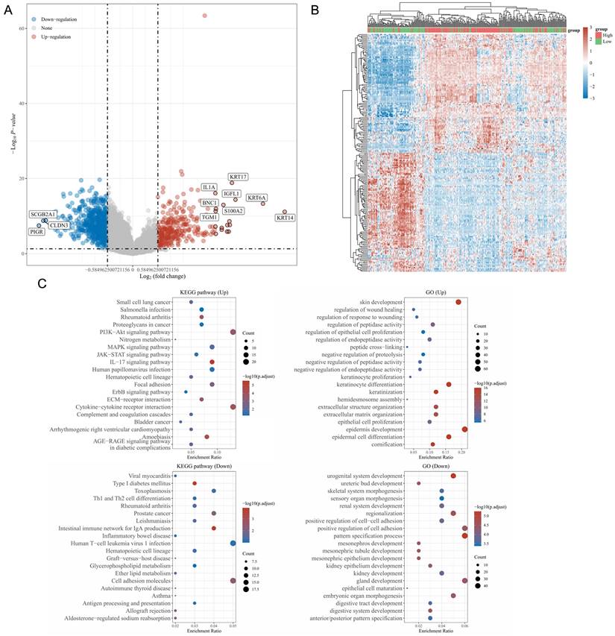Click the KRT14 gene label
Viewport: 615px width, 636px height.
[285, 218]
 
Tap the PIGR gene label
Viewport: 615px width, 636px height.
[37, 232]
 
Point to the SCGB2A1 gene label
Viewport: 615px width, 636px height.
[42, 214]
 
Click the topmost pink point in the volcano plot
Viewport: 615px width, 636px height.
[205, 16]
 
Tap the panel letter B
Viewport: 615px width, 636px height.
[315, 10]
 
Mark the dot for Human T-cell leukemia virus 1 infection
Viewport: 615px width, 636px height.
[233, 543]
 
